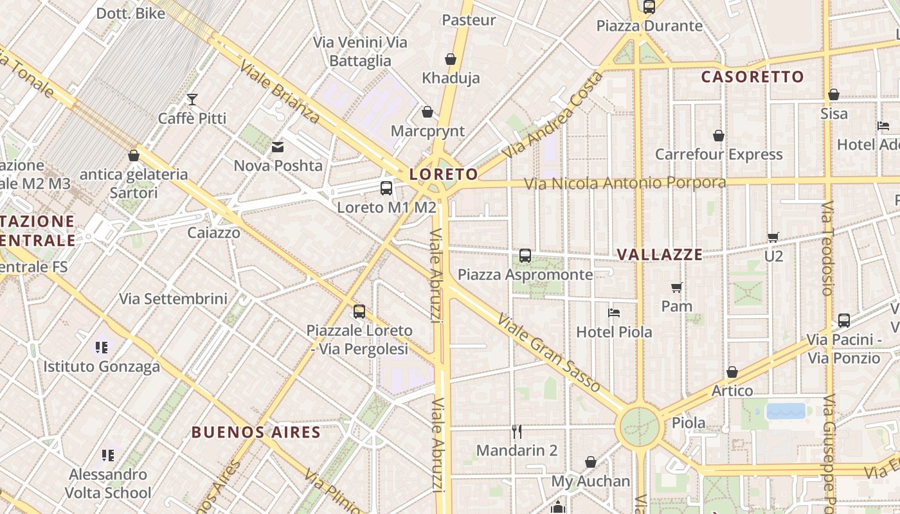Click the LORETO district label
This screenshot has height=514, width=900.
[x=444, y=174]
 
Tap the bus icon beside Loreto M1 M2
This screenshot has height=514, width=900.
[x=386, y=188]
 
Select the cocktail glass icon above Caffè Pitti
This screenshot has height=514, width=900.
[x=192, y=100]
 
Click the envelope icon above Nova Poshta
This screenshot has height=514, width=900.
[x=278, y=147]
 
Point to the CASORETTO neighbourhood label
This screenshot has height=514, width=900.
[x=752, y=77]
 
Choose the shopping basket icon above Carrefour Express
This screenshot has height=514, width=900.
[x=719, y=136]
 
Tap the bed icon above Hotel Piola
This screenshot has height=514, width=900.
[x=614, y=313]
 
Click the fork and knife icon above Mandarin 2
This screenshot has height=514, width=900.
[x=516, y=431]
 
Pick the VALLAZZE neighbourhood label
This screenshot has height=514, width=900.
[x=660, y=254]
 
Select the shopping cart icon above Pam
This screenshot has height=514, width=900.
[x=676, y=287]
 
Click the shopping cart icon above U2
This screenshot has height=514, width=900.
[x=773, y=237]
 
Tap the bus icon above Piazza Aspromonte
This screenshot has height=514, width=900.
[x=525, y=256]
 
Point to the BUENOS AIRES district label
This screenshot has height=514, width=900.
[x=256, y=432]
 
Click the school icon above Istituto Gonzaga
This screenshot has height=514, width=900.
[x=102, y=348]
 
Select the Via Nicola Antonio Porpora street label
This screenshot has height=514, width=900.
[x=625, y=183]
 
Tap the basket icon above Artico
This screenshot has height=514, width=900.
[x=732, y=372]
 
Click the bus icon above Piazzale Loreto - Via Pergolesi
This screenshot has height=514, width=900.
[x=359, y=312]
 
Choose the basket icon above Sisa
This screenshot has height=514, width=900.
[x=834, y=94]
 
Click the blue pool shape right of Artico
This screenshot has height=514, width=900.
[x=786, y=411]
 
